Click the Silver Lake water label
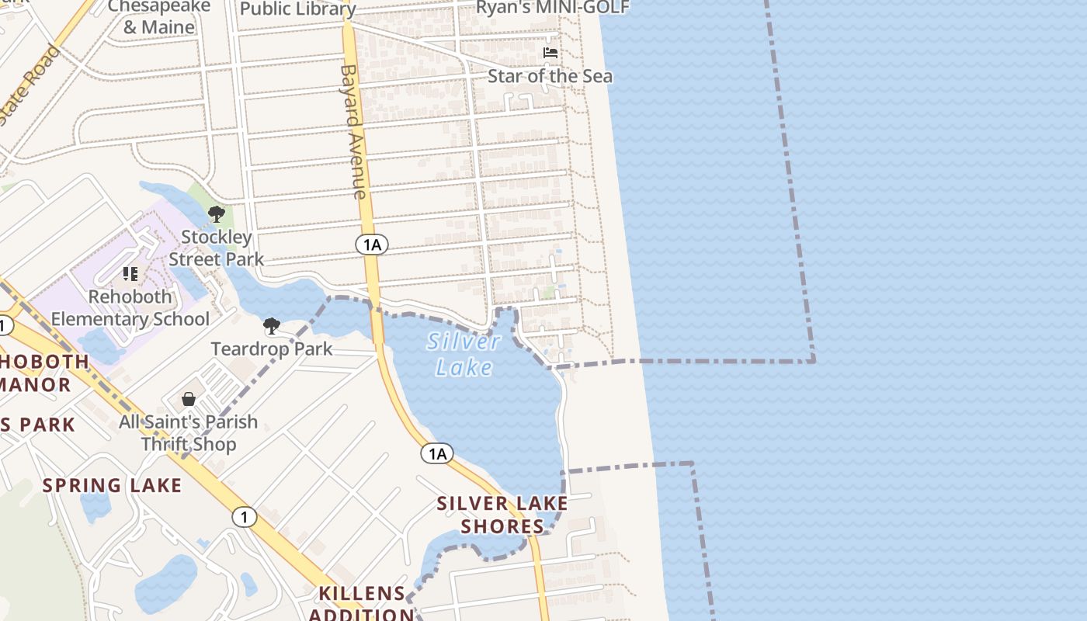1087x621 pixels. pos(464,354)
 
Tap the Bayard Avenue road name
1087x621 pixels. pos(352,131)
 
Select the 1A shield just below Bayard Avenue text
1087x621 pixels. pos(372,245)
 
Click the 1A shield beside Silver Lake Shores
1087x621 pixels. pos(438,453)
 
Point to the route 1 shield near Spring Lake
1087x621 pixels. pos(245,516)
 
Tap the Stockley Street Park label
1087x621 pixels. pos(217,248)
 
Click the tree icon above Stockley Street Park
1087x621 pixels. pos(217,213)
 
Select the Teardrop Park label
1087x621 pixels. pos(272,349)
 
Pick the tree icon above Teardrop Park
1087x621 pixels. pos(271,325)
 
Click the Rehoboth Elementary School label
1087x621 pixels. pos(130,307)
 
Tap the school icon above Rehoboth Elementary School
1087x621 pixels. pos(130,273)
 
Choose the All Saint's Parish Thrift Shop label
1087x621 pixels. pos(189,433)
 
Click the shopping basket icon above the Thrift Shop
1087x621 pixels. pos(189,399)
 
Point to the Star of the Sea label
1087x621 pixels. pos(550,76)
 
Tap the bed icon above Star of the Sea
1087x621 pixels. pos(550,53)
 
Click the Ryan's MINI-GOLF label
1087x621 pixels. pos(552,8)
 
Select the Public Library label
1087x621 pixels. pos(298,9)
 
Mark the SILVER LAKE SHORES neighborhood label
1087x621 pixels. pos(502,515)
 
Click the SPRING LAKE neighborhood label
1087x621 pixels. pos(112,486)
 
